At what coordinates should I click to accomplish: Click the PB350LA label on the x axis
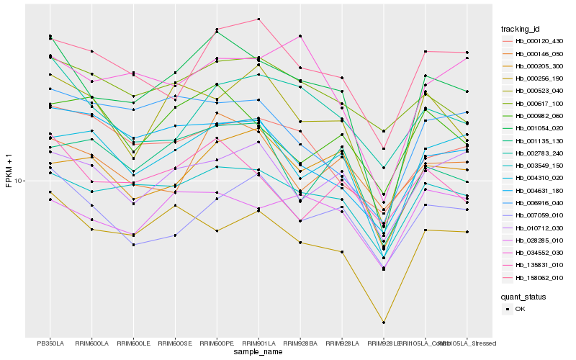pos(50,343)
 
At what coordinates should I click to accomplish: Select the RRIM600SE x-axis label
pos(175,343)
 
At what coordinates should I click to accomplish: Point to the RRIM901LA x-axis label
pos(258,343)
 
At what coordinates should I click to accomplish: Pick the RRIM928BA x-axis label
pos(300,343)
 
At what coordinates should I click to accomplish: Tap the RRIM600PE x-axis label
pos(217,343)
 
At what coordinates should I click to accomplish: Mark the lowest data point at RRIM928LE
pos(384,323)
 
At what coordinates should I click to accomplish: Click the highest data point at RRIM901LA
pos(258,19)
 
